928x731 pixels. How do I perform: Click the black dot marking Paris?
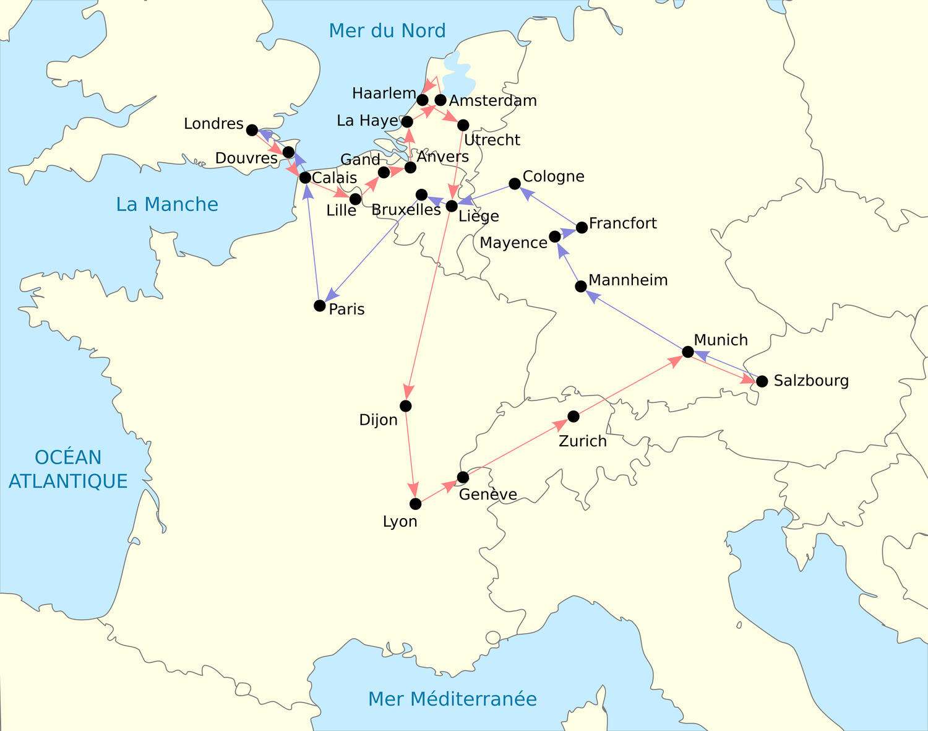click(x=319, y=305)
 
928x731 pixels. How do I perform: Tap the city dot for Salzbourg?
click(x=762, y=381)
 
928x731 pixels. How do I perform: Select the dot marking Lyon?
click(x=415, y=504)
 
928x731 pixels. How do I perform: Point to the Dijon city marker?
click(x=405, y=406)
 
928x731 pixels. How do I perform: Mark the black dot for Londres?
click(x=252, y=130)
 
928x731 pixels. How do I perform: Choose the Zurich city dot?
click(x=574, y=417)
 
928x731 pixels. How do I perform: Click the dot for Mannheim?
click(x=580, y=286)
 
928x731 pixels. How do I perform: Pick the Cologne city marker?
click(x=514, y=184)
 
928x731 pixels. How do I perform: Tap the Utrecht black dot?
click(x=463, y=126)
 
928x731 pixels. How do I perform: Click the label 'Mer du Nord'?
click(x=387, y=30)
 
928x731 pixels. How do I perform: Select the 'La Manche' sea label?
click(x=167, y=204)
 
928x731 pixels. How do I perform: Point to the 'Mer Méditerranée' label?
click(x=452, y=699)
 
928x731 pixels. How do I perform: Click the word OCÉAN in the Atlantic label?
click(x=68, y=457)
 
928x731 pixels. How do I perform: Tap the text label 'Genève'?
click(x=488, y=494)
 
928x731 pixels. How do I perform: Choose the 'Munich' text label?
click(x=721, y=340)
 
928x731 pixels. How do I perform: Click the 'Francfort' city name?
click(x=622, y=223)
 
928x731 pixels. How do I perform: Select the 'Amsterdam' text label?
click(x=493, y=100)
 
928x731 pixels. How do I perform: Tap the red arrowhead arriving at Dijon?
click(x=408, y=391)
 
